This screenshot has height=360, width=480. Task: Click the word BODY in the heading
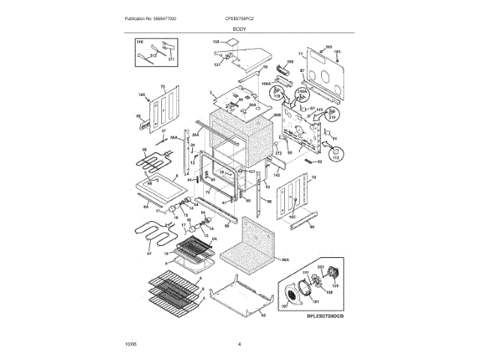coord(239,28)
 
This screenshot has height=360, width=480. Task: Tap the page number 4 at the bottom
coord(239,344)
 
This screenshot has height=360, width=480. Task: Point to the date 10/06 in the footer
coord(131,344)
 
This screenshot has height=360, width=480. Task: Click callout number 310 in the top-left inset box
coord(139,46)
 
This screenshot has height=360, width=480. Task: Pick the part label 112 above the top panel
coord(215,43)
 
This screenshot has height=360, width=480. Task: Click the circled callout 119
coord(277,95)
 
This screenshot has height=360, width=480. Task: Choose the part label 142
coord(276,174)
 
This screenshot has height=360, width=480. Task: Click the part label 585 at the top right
coord(328,46)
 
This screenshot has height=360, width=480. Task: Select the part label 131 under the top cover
coord(217,65)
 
